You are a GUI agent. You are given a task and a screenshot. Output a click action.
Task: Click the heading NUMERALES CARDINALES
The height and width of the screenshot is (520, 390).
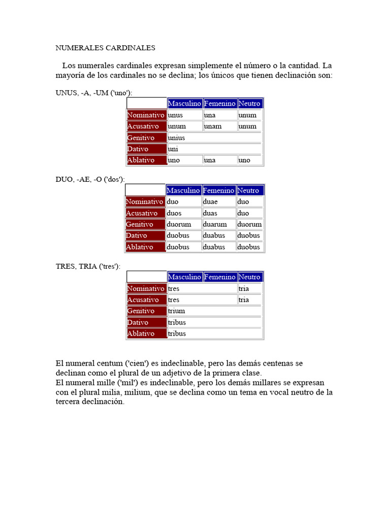coord(105,48)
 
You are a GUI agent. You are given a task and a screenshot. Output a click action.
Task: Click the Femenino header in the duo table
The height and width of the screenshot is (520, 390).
coord(219,190)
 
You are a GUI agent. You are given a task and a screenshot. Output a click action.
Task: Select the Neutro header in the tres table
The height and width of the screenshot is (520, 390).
coord(249,277)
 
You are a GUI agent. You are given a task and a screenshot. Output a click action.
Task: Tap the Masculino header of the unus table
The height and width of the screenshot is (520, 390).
coord(184,104)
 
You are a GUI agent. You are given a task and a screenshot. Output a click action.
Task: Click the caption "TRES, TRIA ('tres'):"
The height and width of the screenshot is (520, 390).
coord(88,267)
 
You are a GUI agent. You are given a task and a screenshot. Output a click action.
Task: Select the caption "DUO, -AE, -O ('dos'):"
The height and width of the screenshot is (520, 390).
coord(90,180)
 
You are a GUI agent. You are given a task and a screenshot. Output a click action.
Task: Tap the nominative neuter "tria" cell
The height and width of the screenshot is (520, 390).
coord(244,288)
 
